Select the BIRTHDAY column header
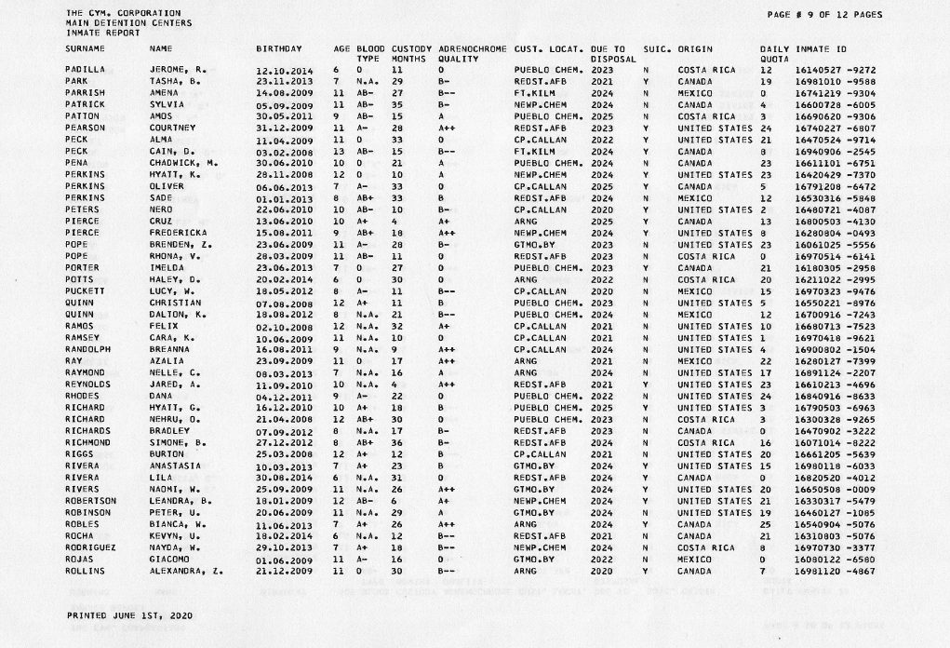pos(279,47)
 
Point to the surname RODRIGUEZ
pos(89,547)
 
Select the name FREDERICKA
pos(176,233)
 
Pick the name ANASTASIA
pos(174,466)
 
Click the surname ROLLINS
pos(85,571)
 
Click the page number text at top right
pos(825,14)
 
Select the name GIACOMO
pos(168,559)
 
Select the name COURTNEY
pos(170,128)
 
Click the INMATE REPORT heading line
pos(97,33)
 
